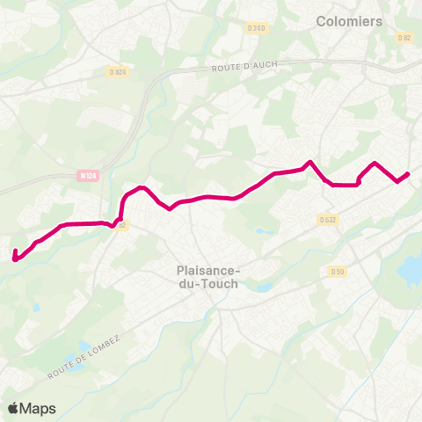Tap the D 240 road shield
tap(256, 28)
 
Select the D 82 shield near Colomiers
tap(404, 38)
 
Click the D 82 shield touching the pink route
tap(122, 225)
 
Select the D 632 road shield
tap(327, 220)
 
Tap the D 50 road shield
tap(338, 272)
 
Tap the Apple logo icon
tap(13, 408)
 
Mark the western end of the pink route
tap(15, 257)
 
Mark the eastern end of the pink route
tap(408, 174)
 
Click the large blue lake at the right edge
tap(411, 269)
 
